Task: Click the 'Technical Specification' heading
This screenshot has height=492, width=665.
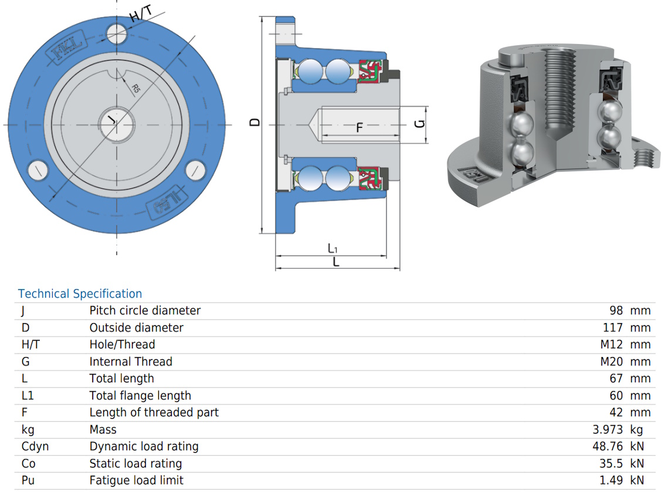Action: point(80,294)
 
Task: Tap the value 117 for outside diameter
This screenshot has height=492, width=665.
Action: point(613,328)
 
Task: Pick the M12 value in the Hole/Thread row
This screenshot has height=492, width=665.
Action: point(611,345)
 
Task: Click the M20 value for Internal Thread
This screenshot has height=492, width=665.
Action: point(611,362)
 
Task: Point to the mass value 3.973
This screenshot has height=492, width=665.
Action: point(608,430)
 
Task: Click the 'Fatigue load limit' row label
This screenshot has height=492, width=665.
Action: point(136,481)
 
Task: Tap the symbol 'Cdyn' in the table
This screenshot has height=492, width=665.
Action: point(35,447)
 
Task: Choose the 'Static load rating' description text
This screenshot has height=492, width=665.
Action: point(135,464)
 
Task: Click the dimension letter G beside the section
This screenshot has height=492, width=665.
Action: point(419,124)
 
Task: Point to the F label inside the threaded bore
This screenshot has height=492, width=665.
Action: point(360,126)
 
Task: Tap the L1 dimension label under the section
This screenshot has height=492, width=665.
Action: point(333,249)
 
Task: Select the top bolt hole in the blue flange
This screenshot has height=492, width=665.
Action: point(116,32)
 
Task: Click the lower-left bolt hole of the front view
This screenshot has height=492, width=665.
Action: point(38,170)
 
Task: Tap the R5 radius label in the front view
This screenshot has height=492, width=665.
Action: point(135,89)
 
